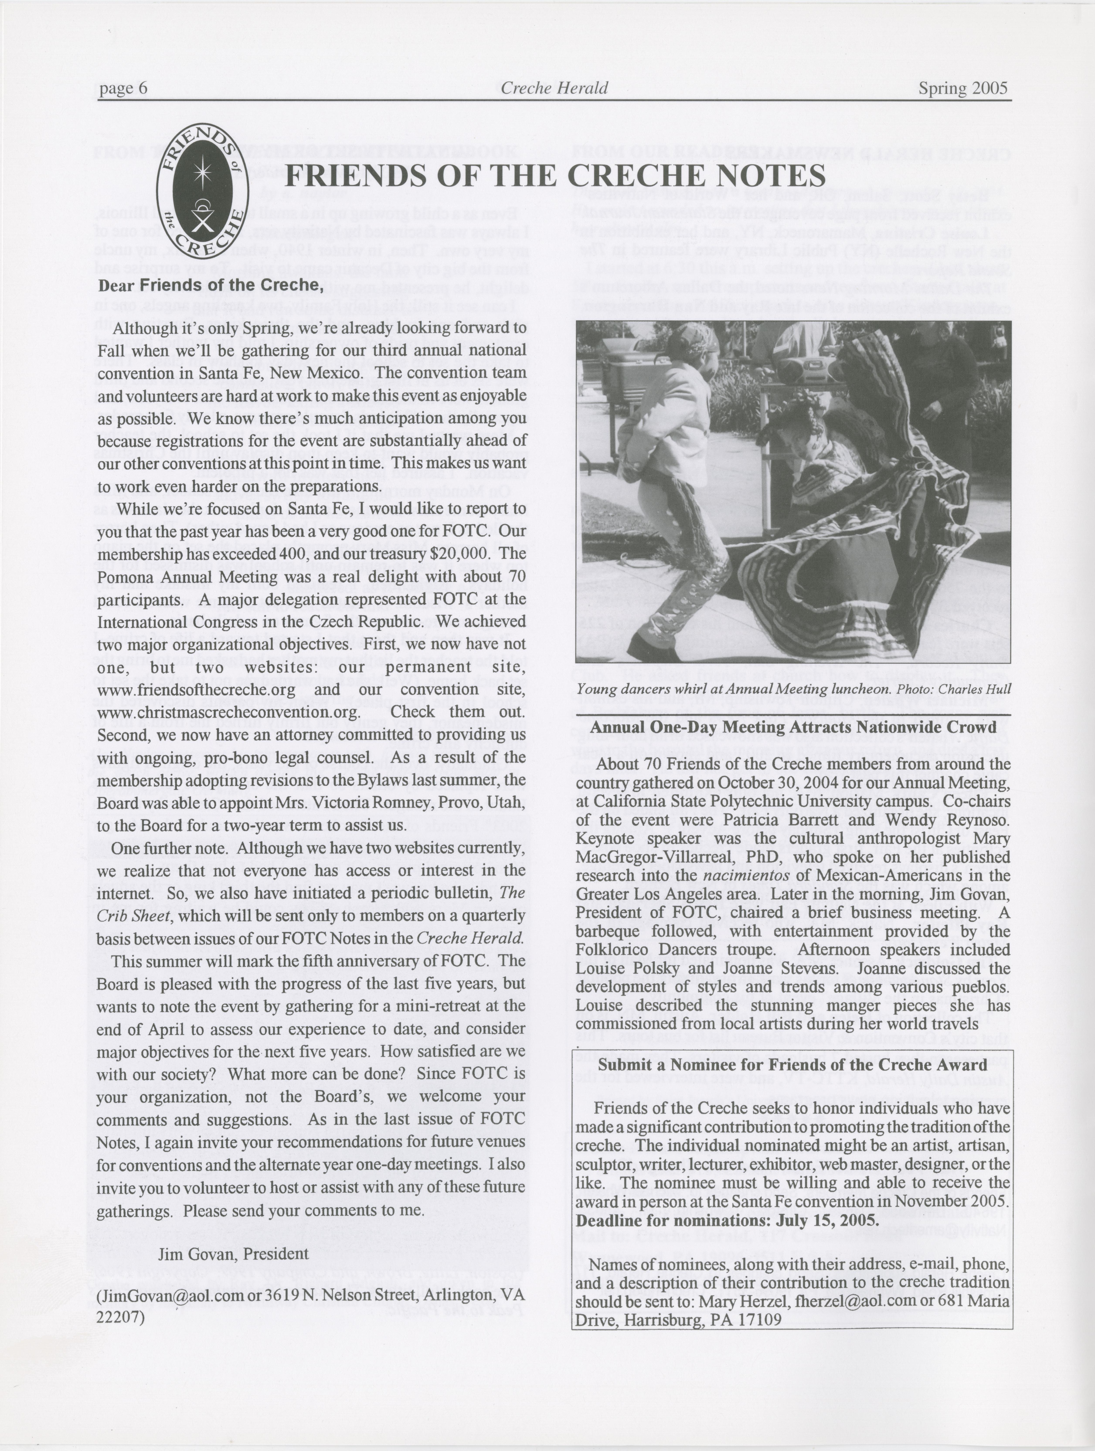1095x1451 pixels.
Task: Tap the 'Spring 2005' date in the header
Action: click(x=962, y=88)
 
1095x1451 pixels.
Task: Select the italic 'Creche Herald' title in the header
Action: click(x=554, y=88)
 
